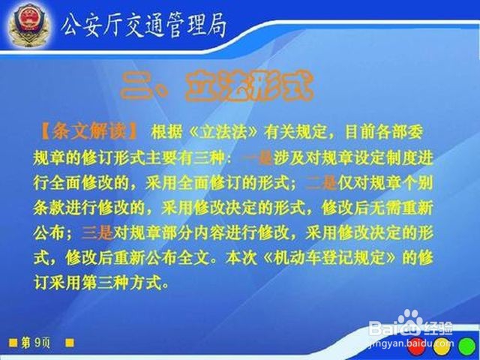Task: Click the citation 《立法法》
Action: point(220,133)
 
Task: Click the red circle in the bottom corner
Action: point(417,348)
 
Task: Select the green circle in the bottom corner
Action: point(466,348)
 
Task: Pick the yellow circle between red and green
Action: point(442,348)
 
